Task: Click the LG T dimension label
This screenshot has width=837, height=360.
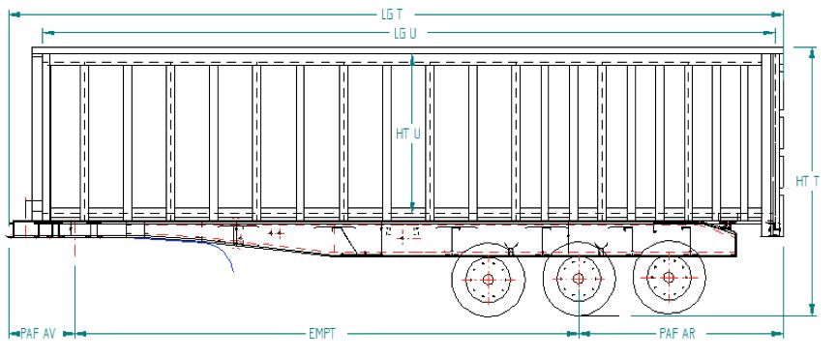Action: click(391, 15)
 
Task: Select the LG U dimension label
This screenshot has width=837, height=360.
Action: click(405, 33)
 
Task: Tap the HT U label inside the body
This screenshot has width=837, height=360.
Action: click(407, 134)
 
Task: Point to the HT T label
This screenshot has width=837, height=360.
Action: click(805, 181)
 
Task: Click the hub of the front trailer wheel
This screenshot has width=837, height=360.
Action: click(487, 280)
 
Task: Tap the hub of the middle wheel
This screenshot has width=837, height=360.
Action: click(578, 280)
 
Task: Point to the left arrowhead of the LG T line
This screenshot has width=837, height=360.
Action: click(14, 15)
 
